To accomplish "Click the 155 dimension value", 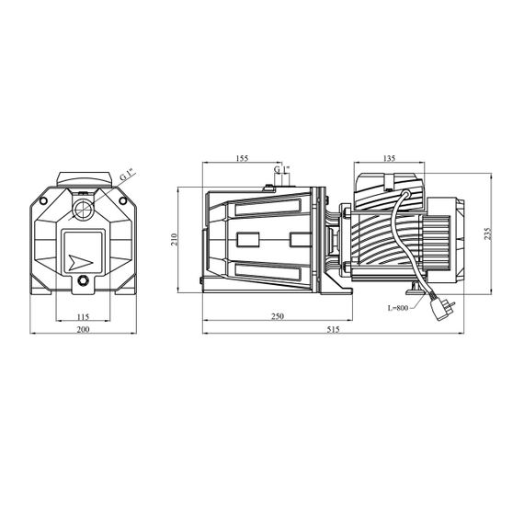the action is click(242, 158).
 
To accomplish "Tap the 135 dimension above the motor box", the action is click(388, 158).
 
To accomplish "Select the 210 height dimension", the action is click(174, 240).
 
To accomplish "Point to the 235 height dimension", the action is click(488, 234).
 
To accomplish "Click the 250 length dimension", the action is click(278, 316).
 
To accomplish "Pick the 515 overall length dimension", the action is click(333, 329).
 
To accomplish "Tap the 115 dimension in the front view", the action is click(83, 316).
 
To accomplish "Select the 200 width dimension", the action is click(83, 329).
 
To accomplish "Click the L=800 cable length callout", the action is click(398, 308).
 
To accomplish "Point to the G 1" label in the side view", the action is click(281, 169).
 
